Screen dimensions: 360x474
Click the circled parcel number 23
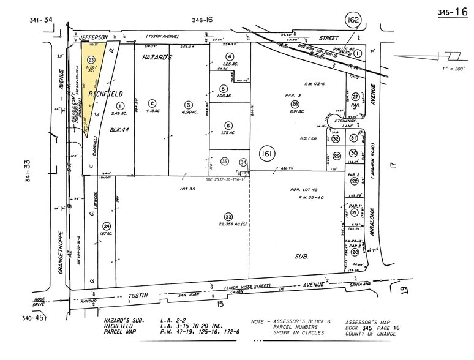tap(92, 59)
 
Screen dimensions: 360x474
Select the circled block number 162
tap(353, 19)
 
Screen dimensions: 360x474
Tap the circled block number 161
tap(266, 152)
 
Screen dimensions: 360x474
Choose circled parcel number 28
tap(295, 104)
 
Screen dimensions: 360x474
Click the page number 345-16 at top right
tap(453, 12)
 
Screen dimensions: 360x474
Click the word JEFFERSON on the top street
tap(94, 37)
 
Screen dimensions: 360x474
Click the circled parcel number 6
tap(228, 125)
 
